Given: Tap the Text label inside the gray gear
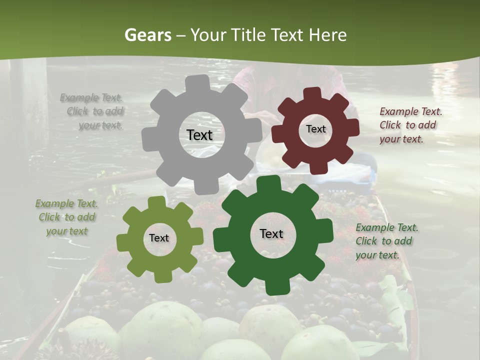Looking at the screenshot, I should click(x=199, y=135).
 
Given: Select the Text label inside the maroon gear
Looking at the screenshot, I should click(x=315, y=129).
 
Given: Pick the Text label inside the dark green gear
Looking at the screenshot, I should click(x=271, y=233).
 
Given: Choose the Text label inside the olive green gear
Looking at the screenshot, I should click(x=159, y=238).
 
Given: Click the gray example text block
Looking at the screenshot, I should click(x=92, y=111).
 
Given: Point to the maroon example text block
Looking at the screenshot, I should click(x=410, y=125).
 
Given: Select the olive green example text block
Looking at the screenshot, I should click(x=66, y=217).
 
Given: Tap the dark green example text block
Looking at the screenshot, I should click(x=386, y=241).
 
